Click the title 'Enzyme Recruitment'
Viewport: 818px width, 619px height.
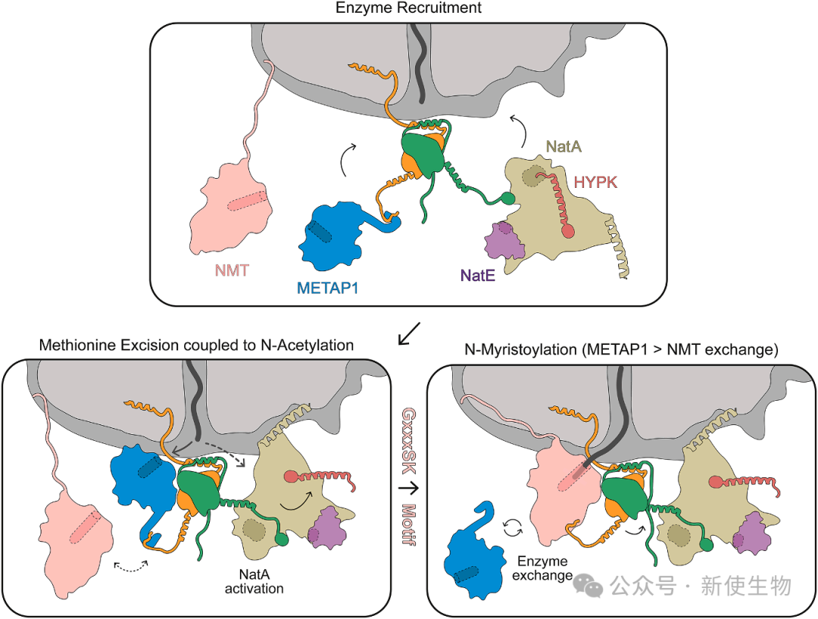[410, 8]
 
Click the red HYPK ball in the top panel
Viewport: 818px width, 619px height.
[568, 231]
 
